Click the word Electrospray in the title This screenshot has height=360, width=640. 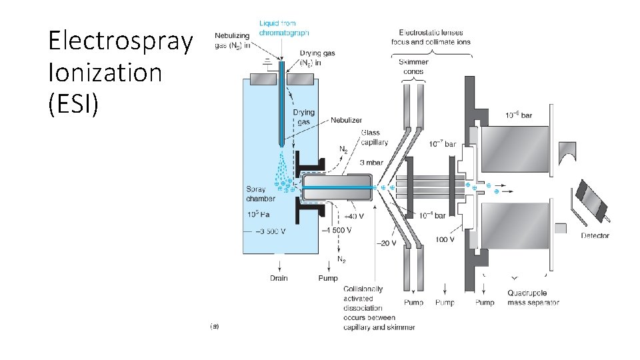120,41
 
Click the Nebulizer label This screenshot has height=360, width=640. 346,121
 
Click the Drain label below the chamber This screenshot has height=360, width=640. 279,277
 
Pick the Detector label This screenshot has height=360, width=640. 595,235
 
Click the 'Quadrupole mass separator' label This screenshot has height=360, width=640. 533,297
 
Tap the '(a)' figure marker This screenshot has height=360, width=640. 214,326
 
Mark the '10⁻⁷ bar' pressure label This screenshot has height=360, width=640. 442,143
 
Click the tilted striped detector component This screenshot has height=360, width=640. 591,201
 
